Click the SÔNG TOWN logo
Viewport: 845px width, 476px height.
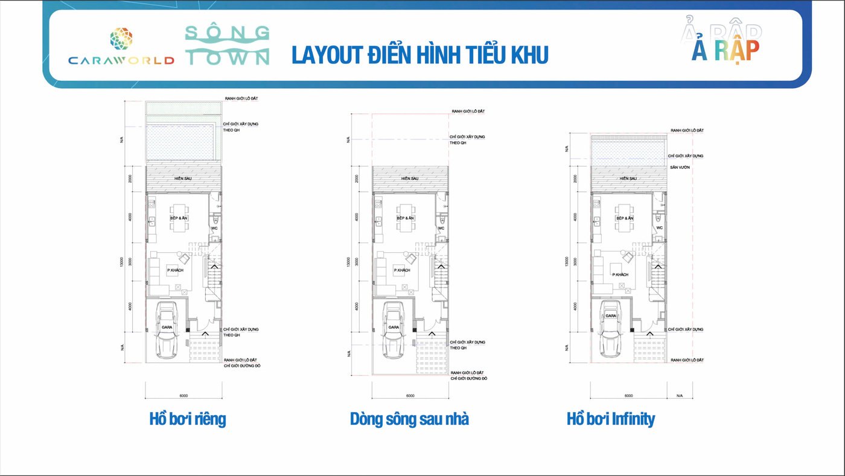tap(227, 45)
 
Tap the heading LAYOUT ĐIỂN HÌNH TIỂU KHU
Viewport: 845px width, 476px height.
tap(419, 54)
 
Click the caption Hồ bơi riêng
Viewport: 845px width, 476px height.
tap(188, 419)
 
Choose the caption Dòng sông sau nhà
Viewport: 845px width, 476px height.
tap(409, 419)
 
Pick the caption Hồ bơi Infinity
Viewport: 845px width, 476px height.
tap(611, 419)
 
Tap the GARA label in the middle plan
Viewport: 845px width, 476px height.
tap(394, 327)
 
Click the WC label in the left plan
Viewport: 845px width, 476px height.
tap(214, 228)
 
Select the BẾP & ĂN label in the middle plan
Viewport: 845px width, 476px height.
tap(406, 218)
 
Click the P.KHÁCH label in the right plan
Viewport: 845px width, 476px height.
tap(620, 274)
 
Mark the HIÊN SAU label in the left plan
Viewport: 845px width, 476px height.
tap(183, 179)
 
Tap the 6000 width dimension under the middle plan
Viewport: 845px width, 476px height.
tap(410, 396)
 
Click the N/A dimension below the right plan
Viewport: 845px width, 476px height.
tap(679, 396)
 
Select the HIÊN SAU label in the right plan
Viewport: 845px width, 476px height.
tap(628, 179)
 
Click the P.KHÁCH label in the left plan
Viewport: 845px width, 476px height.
tap(175, 270)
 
